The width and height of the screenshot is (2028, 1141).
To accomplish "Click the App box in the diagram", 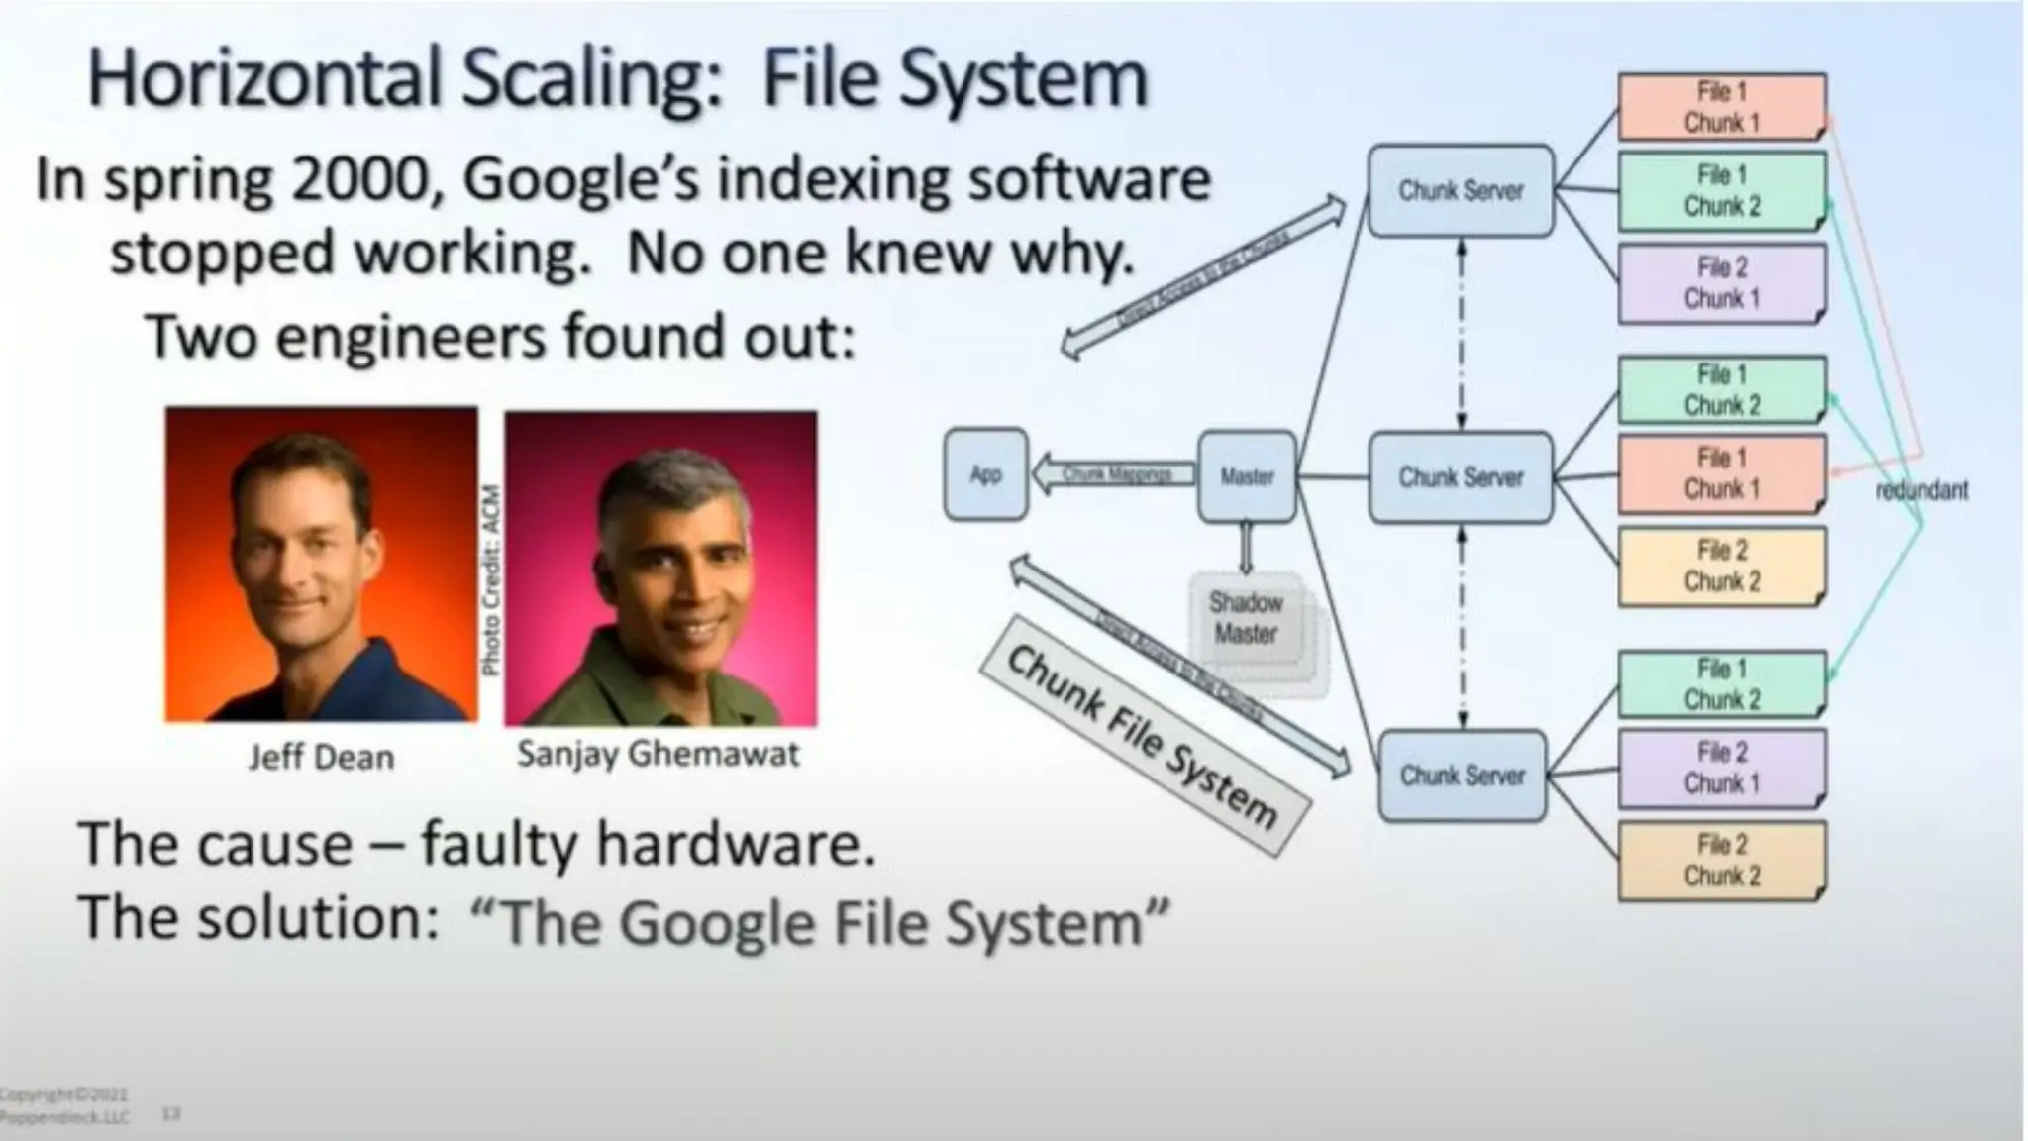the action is click(985, 474).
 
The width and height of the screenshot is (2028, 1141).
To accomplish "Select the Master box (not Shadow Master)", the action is click(1247, 476).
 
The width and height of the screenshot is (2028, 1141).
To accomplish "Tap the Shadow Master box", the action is click(1246, 618).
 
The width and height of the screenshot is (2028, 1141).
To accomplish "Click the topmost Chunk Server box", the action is click(1461, 190).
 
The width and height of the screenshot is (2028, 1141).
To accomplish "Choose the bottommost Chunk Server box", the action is click(1462, 776).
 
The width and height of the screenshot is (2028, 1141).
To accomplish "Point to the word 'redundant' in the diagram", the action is click(1921, 490).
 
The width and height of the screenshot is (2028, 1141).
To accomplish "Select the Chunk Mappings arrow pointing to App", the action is click(1113, 474).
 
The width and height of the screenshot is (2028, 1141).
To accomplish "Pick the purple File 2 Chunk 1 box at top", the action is click(1721, 283).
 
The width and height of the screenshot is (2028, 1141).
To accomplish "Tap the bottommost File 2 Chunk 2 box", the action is click(1721, 861).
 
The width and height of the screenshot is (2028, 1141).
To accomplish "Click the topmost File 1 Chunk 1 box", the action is click(1721, 107).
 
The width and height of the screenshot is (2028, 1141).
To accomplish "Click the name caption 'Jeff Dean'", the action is click(321, 758).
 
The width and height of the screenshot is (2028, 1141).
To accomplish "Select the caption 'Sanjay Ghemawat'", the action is click(658, 755).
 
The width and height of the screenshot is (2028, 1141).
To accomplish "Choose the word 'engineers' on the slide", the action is click(410, 337).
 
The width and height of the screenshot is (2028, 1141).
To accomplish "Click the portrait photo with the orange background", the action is click(321, 564).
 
